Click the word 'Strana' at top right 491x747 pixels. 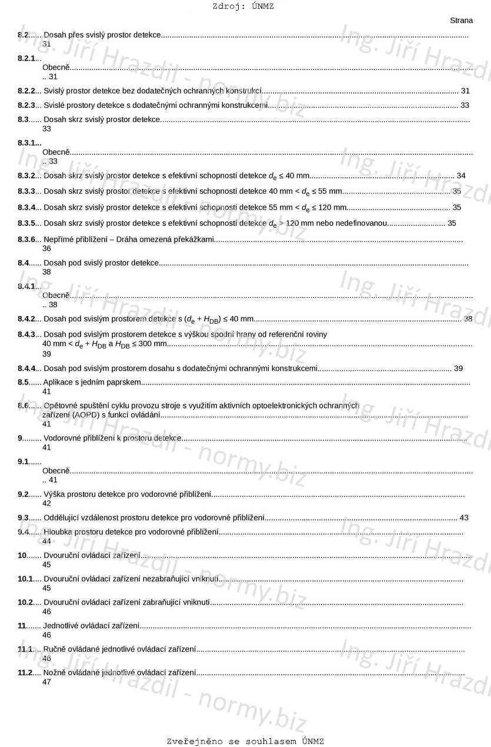click(x=461, y=21)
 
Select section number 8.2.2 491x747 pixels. click(x=26, y=91)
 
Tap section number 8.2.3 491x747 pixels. click(x=26, y=105)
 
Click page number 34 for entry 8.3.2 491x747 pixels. click(x=461, y=175)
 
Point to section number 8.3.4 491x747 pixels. click(x=26, y=207)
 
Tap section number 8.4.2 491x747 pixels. click(x=26, y=318)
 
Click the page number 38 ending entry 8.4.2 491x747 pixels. click(x=468, y=318)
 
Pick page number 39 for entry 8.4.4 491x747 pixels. click(x=458, y=368)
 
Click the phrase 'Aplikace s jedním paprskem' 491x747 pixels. click(x=92, y=382)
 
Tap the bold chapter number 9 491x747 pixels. click(x=20, y=437)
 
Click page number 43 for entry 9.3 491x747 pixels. click(x=464, y=517)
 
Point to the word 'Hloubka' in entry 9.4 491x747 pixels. click(x=58, y=532)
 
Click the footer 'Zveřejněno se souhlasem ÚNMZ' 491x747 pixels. click(x=245, y=741)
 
